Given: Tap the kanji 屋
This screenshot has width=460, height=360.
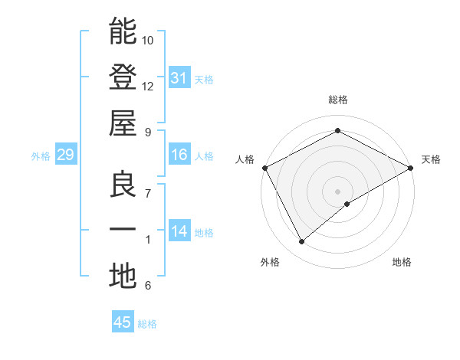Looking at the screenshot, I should [123, 123].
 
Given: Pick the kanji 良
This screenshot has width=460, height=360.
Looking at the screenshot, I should [123, 185].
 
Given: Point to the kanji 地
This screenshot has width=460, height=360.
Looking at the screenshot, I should [123, 276].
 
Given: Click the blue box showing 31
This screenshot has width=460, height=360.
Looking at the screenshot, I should [179, 77].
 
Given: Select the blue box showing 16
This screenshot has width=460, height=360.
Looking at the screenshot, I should [179, 155].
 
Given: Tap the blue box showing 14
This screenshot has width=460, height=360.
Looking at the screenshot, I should [179, 232].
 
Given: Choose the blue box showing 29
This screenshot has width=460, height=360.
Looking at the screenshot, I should [65, 155].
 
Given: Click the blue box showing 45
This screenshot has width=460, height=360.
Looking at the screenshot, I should [123, 322].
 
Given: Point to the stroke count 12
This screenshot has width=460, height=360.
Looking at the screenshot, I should [148, 87].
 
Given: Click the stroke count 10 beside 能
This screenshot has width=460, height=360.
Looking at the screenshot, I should [148, 40].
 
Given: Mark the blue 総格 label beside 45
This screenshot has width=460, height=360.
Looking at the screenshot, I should [147, 324].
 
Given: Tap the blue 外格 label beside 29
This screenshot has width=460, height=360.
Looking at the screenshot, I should [41, 156].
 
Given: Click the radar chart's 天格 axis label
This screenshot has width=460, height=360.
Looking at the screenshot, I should [431, 159].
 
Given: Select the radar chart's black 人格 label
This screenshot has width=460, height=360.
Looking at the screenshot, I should [245, 159].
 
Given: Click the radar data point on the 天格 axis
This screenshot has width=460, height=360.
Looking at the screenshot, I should [412, 167].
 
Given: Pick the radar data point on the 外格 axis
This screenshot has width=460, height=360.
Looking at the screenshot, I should [301, 242].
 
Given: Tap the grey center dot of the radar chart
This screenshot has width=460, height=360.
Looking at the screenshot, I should [337, 191].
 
